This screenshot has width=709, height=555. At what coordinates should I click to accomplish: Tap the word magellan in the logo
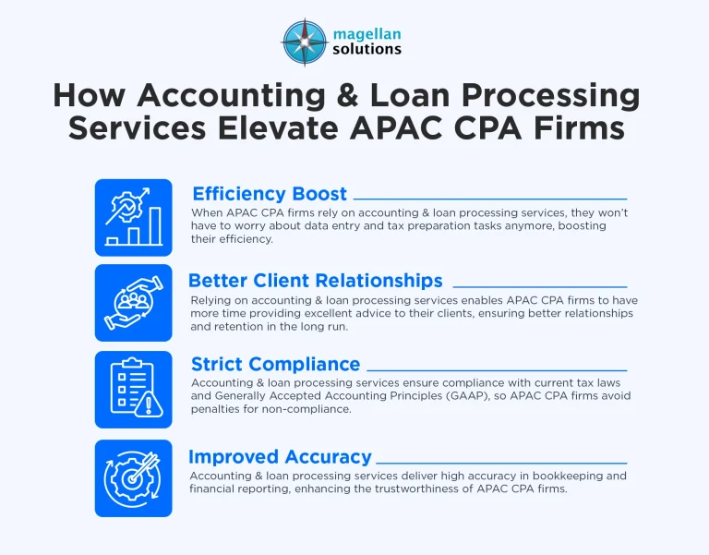(x=367, y=33)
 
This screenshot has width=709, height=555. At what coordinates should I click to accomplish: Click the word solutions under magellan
(x=367, y=49)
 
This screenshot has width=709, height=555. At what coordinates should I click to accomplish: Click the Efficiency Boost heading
(x=270, y=194)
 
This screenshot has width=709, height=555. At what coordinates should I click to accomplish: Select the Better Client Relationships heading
(x=316, y=281)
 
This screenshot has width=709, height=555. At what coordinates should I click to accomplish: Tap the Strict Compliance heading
(x=275, y=365)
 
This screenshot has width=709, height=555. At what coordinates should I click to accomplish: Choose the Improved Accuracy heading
(x=280, y=456)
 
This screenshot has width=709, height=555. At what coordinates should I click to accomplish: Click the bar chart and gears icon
(x=133, y=218)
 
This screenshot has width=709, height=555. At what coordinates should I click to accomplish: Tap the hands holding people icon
(x=133, y=303)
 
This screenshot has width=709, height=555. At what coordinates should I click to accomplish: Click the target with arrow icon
(x=133, y=477)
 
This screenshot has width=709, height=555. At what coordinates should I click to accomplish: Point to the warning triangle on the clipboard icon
(x=145, y=404)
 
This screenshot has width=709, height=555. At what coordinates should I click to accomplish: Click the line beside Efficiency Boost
(x=489, y=199)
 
